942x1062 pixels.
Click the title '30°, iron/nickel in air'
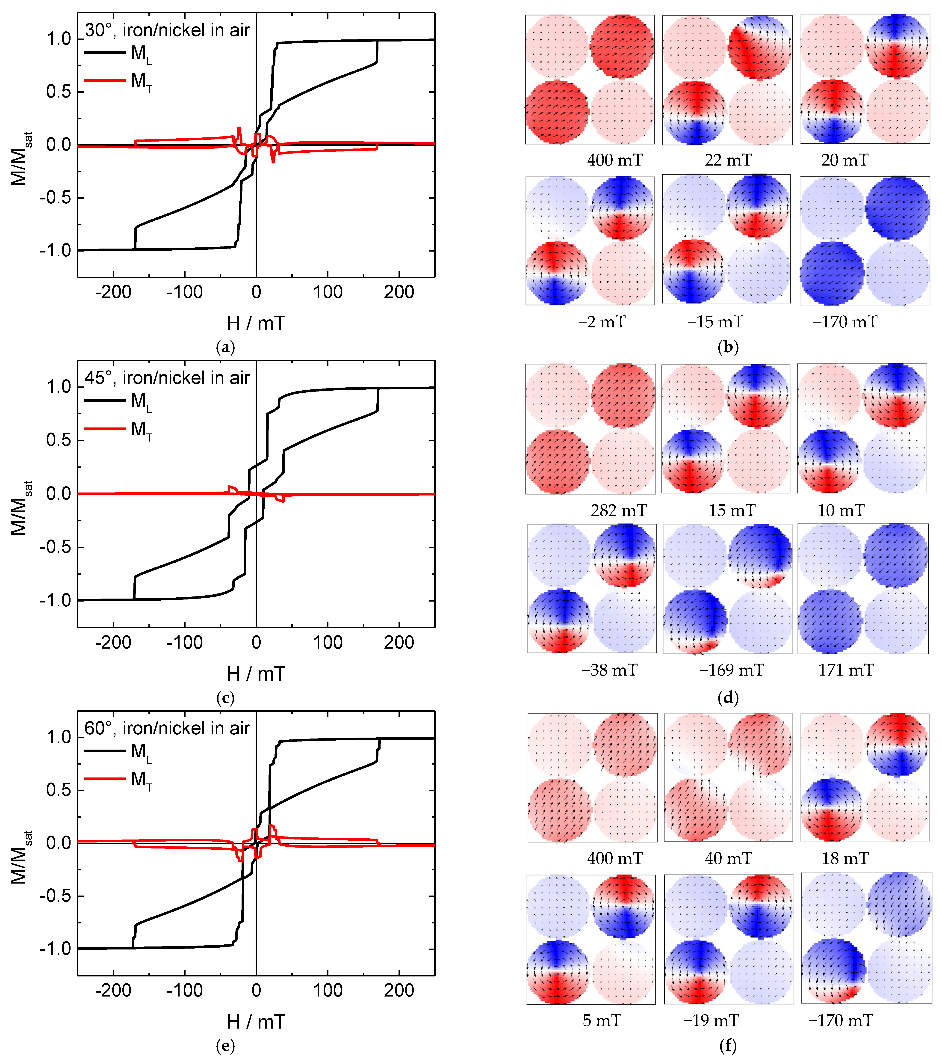pos(167,30)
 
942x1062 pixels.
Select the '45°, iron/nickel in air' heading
pos(167,378)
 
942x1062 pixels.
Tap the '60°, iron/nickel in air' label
pos(167,728)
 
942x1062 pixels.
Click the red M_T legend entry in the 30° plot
pos(118,81)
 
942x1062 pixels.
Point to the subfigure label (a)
pos(225,347)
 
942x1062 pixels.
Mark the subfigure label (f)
pos(727,1045)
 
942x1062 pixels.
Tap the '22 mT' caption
pos(727,160)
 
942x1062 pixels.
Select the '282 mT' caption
pos(618,510)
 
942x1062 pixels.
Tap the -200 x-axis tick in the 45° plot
pos(113,643)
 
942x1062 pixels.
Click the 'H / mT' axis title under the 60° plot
pos(256,1022)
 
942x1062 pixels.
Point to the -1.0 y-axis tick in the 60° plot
pos(55,949)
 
